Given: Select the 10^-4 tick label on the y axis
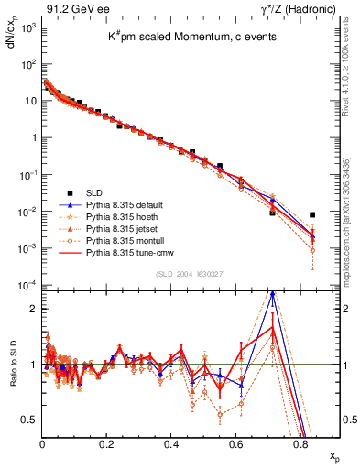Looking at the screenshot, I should tap(27, 286).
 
